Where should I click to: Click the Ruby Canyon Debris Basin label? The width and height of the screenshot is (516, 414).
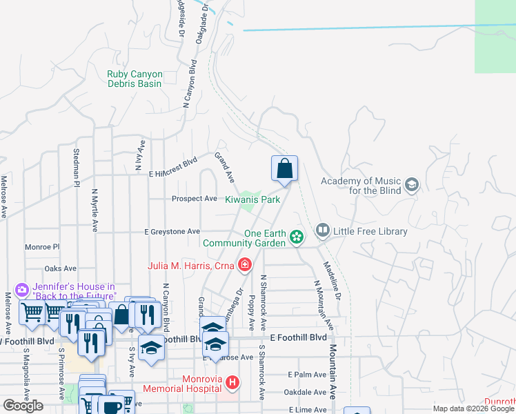135,79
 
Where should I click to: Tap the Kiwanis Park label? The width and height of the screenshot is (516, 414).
252,199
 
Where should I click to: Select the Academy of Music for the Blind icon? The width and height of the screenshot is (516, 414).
412,184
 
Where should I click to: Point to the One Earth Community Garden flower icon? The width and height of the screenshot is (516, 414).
297,237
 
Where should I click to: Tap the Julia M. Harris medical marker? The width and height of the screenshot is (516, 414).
244,264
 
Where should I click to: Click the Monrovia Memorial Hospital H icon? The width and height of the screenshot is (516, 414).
233,382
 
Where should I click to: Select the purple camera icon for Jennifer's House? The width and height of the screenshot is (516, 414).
21,289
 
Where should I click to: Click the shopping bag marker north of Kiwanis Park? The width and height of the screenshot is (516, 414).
284,168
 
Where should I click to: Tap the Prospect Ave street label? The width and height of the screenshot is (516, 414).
194,199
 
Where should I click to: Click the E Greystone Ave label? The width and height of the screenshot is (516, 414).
172,232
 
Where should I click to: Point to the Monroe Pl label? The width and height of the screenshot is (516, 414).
42,246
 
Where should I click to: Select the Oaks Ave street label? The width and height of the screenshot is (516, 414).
59,268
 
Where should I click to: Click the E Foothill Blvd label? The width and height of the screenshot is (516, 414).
298,337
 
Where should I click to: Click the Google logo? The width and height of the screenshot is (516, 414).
23,406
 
